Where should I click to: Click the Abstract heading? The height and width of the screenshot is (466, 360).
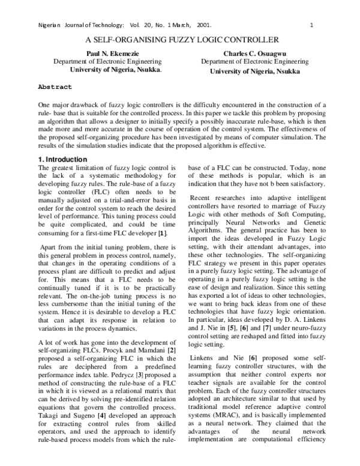tap(55, 86)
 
